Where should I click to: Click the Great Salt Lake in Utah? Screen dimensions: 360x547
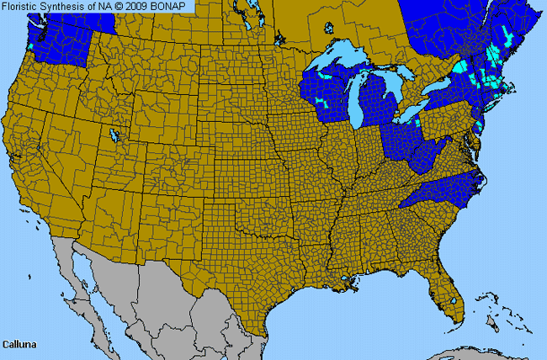[114, 134]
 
